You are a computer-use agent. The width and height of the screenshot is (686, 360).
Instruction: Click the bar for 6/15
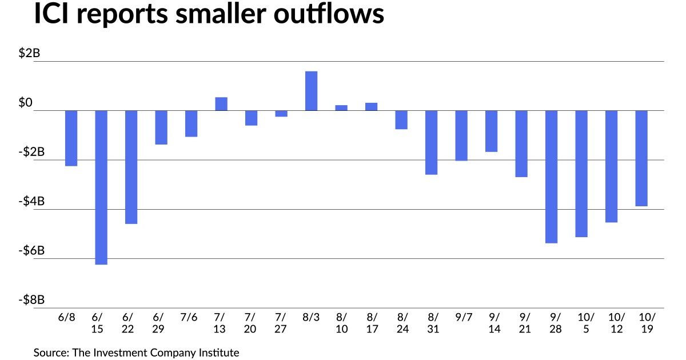tap(101, 187)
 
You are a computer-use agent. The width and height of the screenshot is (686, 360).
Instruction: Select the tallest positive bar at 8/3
tap(311, 91)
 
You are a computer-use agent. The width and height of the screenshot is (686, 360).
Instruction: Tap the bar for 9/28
tap(551, 177)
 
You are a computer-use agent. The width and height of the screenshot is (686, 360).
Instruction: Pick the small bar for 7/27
tap(281, 114)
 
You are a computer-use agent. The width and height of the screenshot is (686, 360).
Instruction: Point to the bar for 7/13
tap(221, 104)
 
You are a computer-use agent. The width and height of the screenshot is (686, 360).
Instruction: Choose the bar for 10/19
tap(641, 158)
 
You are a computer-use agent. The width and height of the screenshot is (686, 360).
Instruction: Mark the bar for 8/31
tap(431, 142)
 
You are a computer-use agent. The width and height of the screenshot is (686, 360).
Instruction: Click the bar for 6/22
tap(131, 167)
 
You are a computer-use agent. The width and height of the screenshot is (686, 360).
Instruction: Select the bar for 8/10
tap(341, 108)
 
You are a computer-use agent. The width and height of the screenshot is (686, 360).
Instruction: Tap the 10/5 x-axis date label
tap(581, 323)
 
